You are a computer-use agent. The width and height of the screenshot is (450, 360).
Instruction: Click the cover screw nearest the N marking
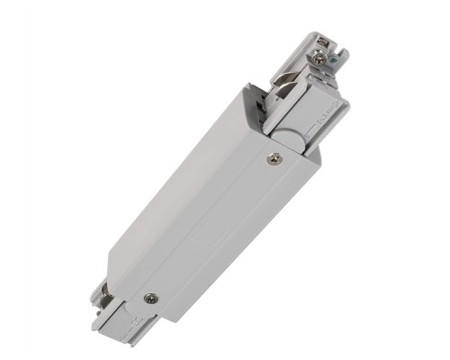273,159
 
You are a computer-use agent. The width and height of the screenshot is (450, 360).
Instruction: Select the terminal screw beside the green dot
321,58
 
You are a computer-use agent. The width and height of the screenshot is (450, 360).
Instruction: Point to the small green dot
334,62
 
